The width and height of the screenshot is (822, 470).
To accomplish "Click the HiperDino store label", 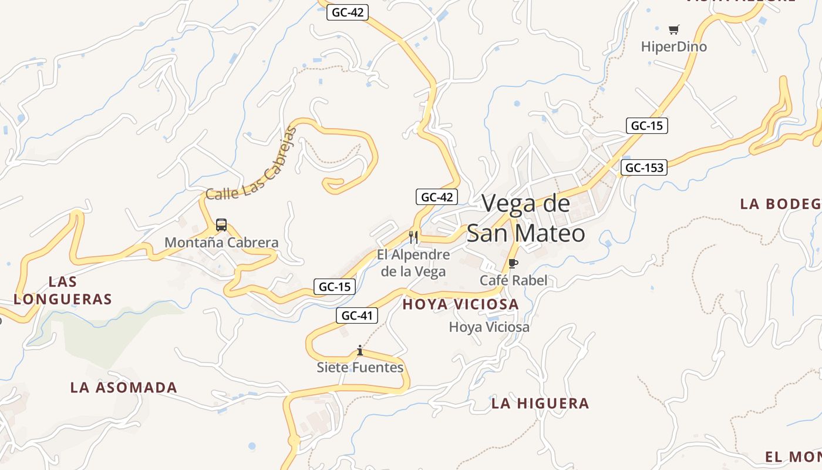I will pyautogui.click(x=673, y=46).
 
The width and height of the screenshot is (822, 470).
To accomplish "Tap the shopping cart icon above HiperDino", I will pyautogui.click(x=673, y=29).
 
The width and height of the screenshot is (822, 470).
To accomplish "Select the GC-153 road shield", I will pyautogui.click(x=644, y=168).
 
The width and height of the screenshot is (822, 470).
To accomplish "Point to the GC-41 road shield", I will pyautogui.click(x=357, y=315).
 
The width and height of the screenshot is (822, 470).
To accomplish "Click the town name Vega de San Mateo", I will pyautogui.click(x=526, y=218).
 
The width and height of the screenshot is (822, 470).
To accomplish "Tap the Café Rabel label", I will pyautogui.click(x=513, y=280).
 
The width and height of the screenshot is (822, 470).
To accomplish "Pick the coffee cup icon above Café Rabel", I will pyautogui.click(x=513, y=264).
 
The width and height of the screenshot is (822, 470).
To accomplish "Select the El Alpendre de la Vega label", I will pyautogui.click(x=413, y=263).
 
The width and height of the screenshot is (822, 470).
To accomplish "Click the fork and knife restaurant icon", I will pyautogui.click(x=413, y=237).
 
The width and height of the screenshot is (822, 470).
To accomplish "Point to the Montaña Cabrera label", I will pyautogui.click(x=221, y=242).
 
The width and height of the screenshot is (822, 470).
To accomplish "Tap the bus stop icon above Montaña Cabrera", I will pyautogui.click(x=221, y=224).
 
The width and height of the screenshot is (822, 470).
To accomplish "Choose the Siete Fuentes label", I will pyautogui.click(x=360, y=368).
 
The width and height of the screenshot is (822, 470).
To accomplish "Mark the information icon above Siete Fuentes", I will pyautogui.click(x=360, y=351).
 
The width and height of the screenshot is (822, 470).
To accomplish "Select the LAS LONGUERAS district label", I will pyautogui.click(x=63, y=290).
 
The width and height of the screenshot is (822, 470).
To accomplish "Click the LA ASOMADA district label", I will pyautogui.click(x=123, y=388).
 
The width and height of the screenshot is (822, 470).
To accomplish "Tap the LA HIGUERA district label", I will pyautogui.click(x=540, y=404).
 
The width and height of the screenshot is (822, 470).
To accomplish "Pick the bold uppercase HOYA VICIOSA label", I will pyautogui.click(x=460, y=304).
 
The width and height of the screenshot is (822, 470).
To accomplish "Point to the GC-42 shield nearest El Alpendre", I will pyautogui.click(x=436, y=197).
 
